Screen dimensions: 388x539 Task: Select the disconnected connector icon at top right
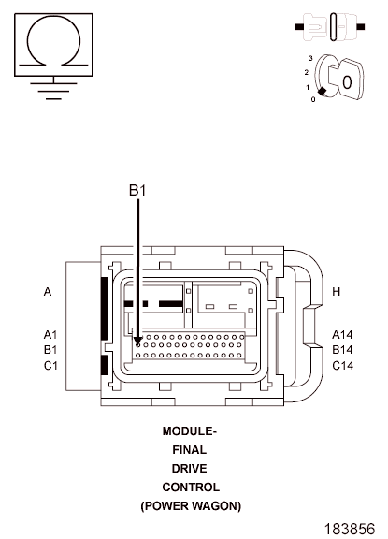(330, 27)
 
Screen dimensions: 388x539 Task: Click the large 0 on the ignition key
(347, 82)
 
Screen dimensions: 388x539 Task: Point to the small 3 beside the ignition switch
(310, 58)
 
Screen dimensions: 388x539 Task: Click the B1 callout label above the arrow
(137, 190)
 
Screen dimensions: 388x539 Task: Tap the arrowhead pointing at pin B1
(138, 342)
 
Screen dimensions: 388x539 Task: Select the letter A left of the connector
(48, 292)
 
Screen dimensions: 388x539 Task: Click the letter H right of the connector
(337, 292)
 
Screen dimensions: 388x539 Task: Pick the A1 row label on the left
(50, 334)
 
